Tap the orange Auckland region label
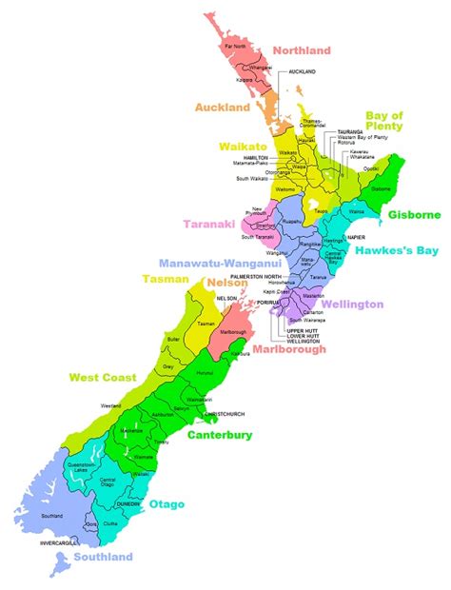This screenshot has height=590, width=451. point(222,108)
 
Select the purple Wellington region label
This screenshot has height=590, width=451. point(351,305)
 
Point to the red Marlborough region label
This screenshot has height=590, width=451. point(289,349)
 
